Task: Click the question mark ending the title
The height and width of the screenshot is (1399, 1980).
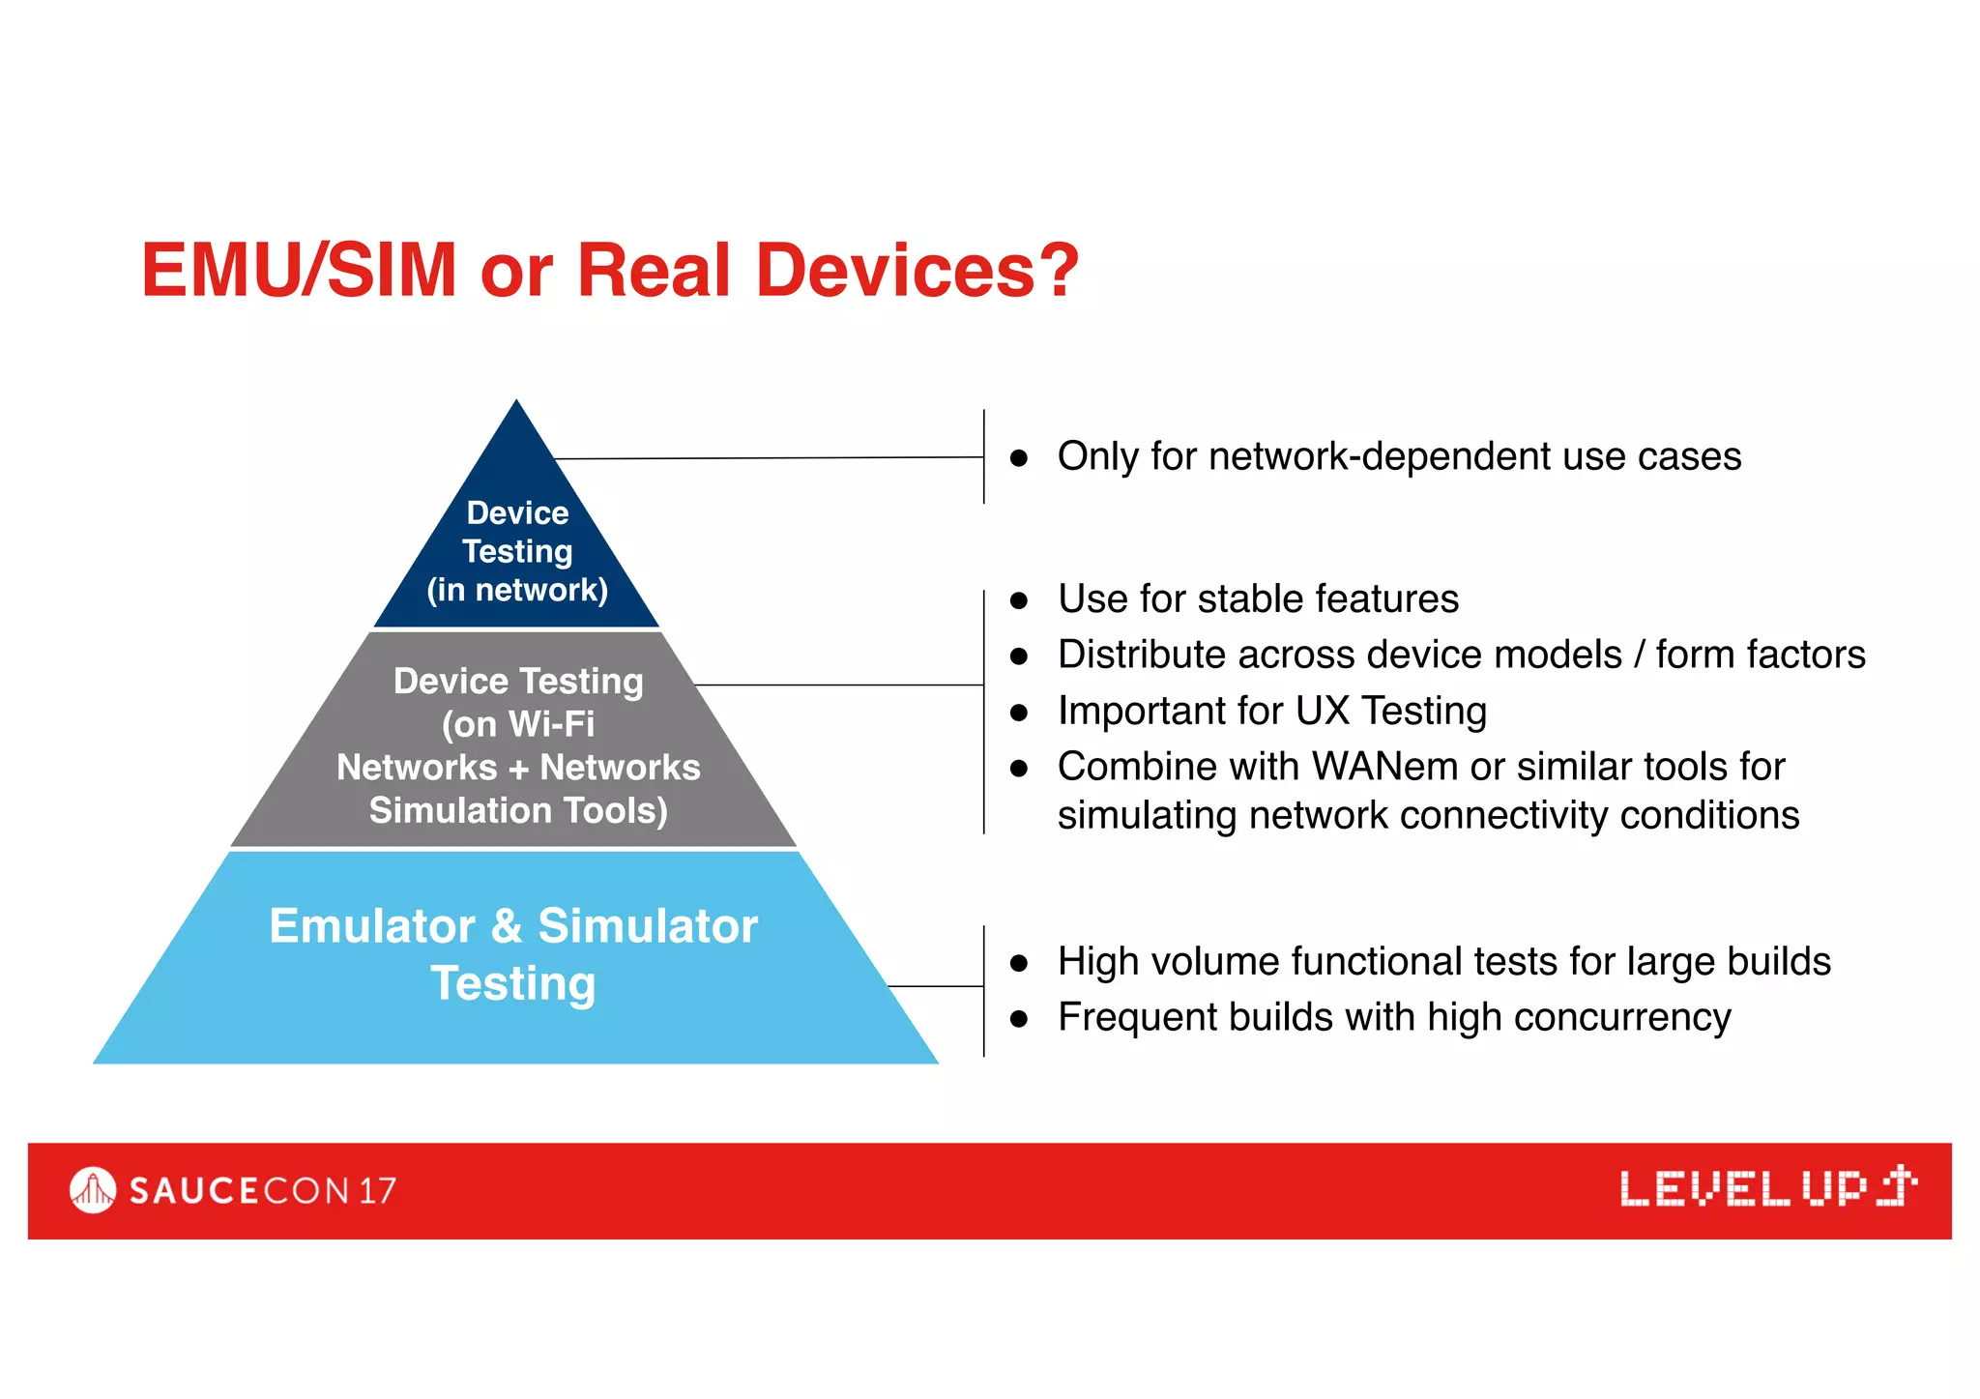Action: (1057, 270)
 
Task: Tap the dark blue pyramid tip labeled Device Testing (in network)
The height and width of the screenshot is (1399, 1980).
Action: (517, 541)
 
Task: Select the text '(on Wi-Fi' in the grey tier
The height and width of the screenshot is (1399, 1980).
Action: (518, 724)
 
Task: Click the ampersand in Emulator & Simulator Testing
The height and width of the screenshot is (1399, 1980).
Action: (507, 926)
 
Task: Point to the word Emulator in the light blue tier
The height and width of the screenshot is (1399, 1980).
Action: (372, 926)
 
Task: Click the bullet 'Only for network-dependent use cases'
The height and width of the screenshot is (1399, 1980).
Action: (1398, 456)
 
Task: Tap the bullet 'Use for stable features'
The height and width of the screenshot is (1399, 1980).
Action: (1257, 598)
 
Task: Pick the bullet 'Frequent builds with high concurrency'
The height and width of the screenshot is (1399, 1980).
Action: (1393, 1017)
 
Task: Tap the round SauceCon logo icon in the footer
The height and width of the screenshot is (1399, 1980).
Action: (93, 1190)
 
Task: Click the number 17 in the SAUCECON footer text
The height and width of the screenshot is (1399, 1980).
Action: (377, 1190)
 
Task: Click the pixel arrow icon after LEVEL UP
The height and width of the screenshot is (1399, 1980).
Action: (1897, 1186)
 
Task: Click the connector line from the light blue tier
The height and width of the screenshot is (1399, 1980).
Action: (935, 986)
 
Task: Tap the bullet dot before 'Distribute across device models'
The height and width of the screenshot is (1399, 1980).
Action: (1018, 656)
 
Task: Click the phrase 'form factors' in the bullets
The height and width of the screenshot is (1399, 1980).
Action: (1760, 655)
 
